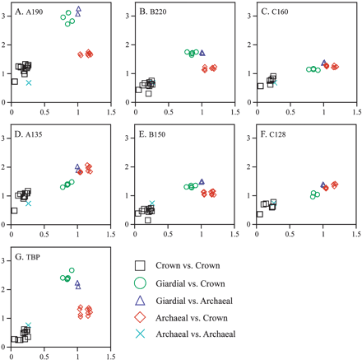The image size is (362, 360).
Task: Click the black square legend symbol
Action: coord(141,265)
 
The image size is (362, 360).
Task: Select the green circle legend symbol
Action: coord(141,283)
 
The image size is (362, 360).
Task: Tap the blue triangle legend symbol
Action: coord(141,299)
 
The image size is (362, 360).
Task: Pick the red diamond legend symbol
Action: coord(141,316)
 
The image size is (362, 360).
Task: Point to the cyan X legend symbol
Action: coord(141,334)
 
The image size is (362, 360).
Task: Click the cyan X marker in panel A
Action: coord(29,83)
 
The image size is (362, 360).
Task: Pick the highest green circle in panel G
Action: coord(72,270)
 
